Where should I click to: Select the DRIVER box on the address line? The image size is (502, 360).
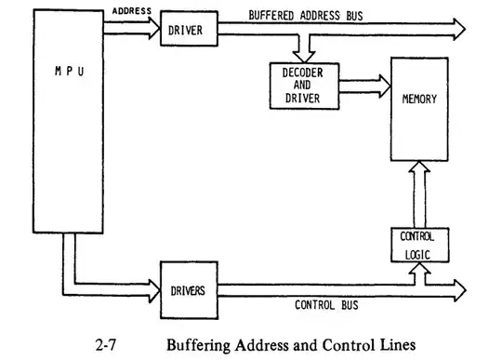pos(187,30)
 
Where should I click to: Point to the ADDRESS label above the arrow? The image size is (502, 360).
pos(132,11)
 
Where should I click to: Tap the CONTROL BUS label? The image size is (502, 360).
pos(326,304)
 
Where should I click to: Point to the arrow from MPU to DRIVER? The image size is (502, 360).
pos(131,30)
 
